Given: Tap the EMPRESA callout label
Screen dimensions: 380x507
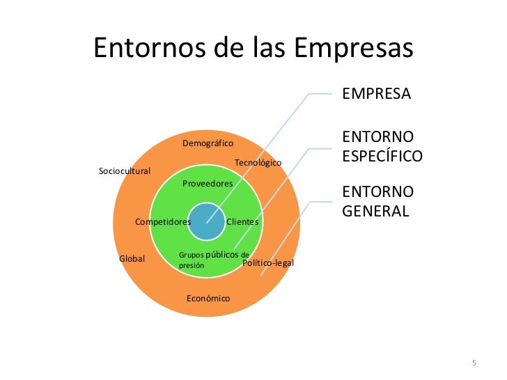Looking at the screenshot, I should (376, 94).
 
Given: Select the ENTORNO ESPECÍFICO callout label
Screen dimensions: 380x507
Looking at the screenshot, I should (382, 146).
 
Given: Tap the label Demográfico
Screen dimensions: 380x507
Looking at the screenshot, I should (208, 143).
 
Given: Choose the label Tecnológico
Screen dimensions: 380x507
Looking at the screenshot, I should (258, 162).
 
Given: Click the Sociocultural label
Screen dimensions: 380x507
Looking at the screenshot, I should (125, 171).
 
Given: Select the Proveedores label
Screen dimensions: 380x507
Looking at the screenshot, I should (207, 184).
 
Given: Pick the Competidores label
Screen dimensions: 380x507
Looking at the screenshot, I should (163, 222).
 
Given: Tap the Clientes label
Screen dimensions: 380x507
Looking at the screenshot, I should (242, 222).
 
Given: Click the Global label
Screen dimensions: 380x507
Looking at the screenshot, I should (132, 259).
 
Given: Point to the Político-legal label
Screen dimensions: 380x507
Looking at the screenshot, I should (268, 263).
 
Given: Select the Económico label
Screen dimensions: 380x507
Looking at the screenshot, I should (208, 299).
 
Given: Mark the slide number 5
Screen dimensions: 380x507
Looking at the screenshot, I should (474, 364).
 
